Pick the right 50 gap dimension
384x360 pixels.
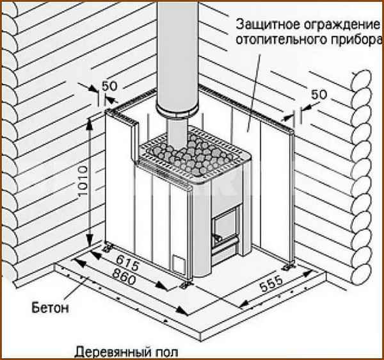tap(318, 95)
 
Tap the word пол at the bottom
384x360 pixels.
tap(163, 352)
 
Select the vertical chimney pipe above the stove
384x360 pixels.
tap(173, 51)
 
